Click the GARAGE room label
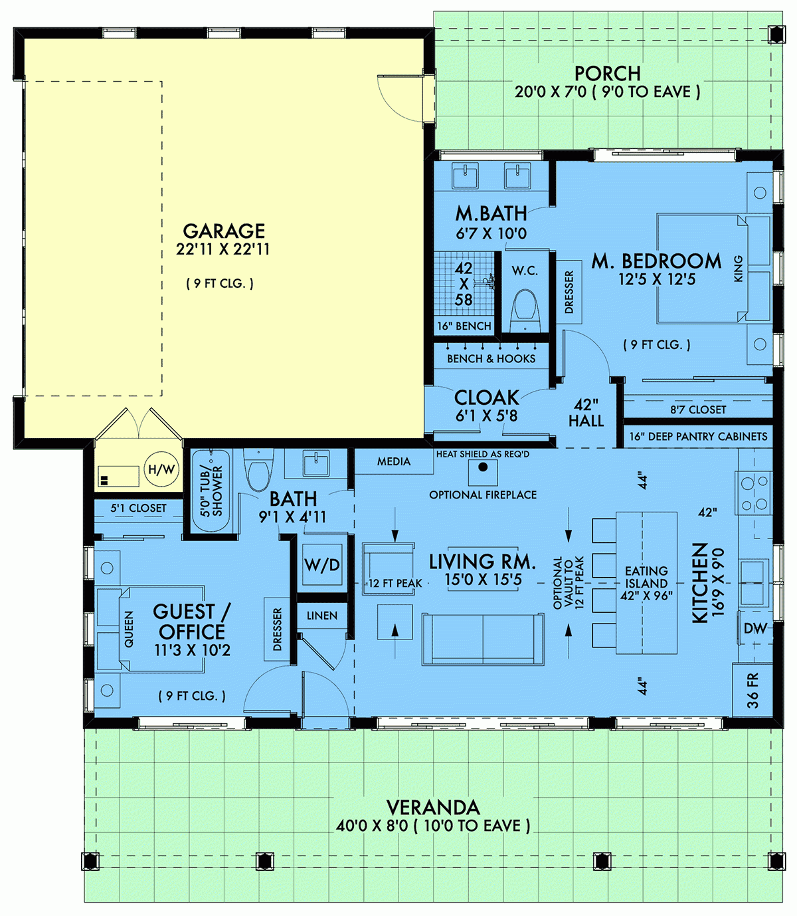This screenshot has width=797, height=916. tap(224, 231)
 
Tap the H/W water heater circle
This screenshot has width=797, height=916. tap(161, 470)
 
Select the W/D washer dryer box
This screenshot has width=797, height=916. tap(322, 565)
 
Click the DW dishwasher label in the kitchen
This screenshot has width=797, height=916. tap(754, 628)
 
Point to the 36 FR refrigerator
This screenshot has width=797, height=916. tap(752, 690)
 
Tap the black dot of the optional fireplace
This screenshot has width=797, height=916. tap(483, 467)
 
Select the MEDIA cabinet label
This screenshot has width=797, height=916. tap(394, 461)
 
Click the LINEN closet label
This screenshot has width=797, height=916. tap(322, 616)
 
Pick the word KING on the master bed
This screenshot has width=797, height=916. tap(738, 269)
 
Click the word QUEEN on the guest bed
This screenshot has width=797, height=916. tap(129, 629)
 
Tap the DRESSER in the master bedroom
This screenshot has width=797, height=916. tap(569, 292)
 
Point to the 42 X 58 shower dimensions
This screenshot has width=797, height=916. tap(464, 284)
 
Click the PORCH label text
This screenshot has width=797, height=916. tap(607, 73)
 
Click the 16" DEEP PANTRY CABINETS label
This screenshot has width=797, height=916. tap(698, 437)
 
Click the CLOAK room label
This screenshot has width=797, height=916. tap(486, 398)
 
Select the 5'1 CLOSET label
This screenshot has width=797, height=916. tap(138, 508)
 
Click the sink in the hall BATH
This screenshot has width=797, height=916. tap(315, 463)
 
